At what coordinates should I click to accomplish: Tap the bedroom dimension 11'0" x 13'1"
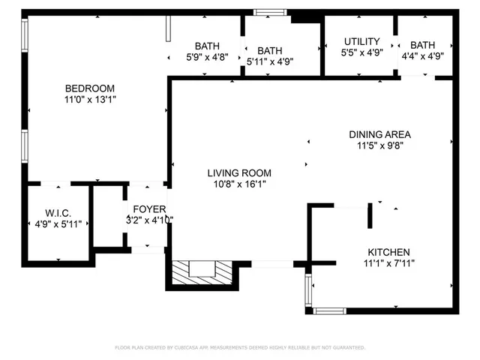coord(91,99)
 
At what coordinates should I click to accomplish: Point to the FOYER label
coord(149,208)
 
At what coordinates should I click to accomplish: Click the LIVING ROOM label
coord(239,173)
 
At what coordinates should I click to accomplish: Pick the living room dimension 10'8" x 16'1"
coord(239,184)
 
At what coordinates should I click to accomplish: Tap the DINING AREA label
coord(379,135)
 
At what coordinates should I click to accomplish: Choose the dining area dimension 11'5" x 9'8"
coord(379,146)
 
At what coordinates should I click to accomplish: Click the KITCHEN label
coord(388,252)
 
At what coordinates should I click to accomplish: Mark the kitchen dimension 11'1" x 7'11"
coord(388,263)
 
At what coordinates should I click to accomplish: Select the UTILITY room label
coord(361,41)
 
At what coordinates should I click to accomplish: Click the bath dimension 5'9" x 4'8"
coord(207,56)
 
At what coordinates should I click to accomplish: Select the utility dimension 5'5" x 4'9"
coord(361,53)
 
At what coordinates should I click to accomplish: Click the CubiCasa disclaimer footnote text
coord(239,348)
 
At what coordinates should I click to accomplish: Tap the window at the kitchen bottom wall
coord(329,310)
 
